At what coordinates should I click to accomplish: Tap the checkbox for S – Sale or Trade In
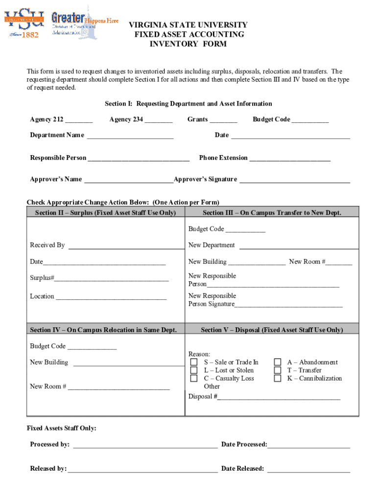click(x=194, y=362)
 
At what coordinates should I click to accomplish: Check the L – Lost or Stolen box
click(x=194, y=370)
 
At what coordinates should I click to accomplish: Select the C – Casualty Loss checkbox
click(x=194, y=378)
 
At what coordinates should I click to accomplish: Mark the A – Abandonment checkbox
click(x=278, y=362)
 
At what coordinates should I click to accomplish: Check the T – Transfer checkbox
click(x=278, y=370)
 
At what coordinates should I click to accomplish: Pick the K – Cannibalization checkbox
click(x=278, y=378)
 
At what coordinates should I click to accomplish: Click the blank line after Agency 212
click(x=79, y=120)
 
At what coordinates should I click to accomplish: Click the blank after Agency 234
click(x=159, y=120)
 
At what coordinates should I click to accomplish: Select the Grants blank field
click(x=223, y=120)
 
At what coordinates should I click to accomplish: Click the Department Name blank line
click(x=130, y=136)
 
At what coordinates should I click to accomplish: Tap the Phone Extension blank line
click(x=290, y=159)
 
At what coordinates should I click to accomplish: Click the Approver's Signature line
click(x=295, y=180)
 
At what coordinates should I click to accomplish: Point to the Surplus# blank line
click(x=111, y=278)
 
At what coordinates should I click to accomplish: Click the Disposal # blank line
click(x=279, y=397)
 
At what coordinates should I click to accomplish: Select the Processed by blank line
click(x=145, y=445)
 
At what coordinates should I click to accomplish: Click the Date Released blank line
click(x=308, y=469)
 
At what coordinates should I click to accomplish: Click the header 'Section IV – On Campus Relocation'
click(x=103, y=330)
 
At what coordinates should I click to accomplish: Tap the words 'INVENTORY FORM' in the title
click(x=188, y=44)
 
